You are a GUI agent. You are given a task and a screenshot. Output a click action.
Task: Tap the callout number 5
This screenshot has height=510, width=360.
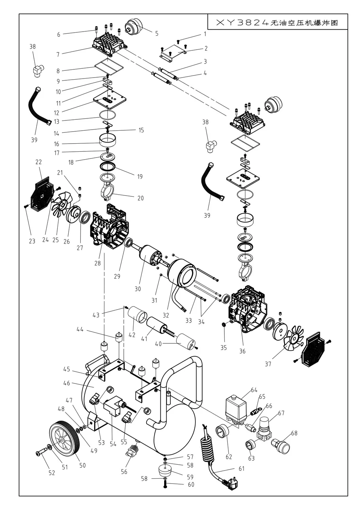click(x=157, y=33)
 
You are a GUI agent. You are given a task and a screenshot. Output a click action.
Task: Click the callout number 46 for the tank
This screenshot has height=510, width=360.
click(x=67, y=383)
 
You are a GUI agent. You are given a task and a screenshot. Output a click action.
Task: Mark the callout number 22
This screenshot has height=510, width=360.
click(x=38, y=162)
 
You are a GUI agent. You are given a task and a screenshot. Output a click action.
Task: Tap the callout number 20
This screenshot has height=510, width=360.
click(x=140, y=198)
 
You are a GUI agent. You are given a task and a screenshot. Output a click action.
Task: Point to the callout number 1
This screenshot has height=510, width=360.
click(x=205, y=34)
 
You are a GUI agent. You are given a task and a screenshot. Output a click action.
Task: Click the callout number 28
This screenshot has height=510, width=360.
click(x=98, y=263)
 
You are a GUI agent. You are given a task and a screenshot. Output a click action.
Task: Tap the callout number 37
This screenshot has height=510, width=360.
click(x=268, y=364)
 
